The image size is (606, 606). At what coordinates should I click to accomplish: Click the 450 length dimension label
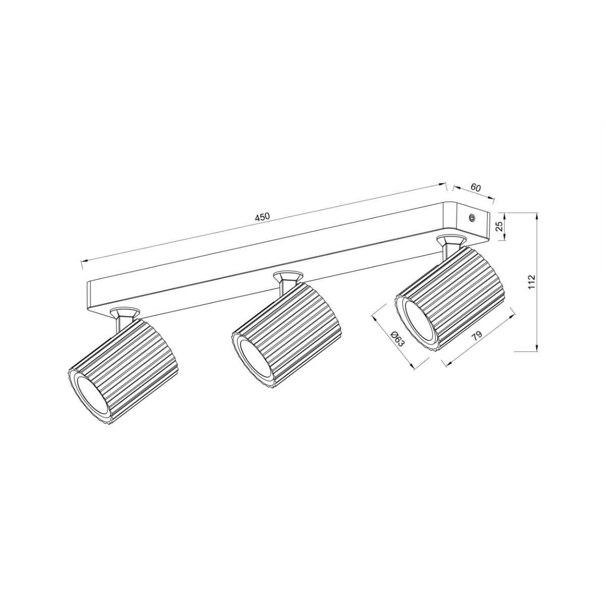tap(262, 217)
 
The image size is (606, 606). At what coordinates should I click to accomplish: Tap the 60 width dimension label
tap(475, 187)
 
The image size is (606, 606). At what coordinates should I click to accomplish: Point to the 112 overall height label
tap(531, 282)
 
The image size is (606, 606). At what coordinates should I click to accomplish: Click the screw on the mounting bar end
tap(472, 218)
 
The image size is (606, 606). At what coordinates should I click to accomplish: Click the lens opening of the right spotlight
tap(421, 321)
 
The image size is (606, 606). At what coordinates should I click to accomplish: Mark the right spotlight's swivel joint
tap(450, 244)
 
